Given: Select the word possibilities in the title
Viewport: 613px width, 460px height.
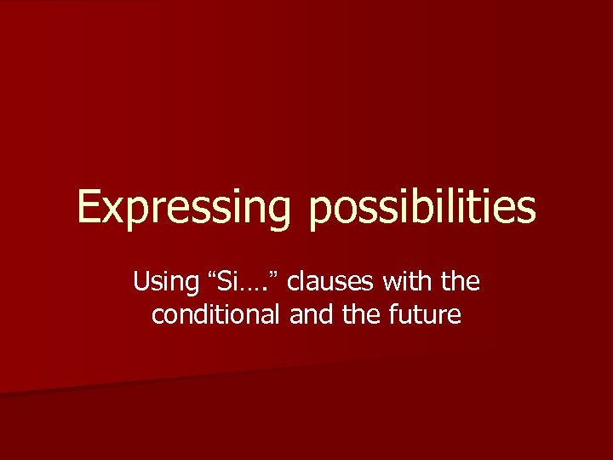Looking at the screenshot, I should pyautogui.click(x=423, y=208).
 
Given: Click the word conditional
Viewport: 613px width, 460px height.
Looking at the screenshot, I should pyautogui.click(x=215, y=315).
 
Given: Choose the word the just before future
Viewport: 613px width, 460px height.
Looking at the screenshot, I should pyautogui.click(x=357, y=315).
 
